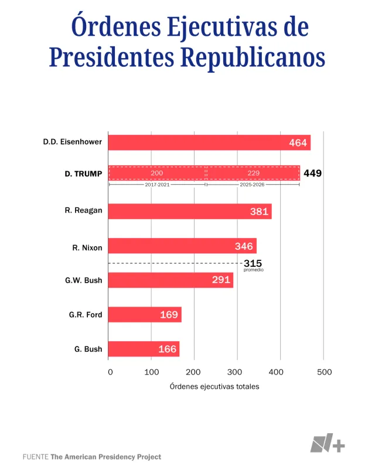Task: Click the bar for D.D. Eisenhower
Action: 210,142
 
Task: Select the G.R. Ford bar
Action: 145,315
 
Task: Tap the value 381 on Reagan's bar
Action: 259,212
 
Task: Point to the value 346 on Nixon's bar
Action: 244,246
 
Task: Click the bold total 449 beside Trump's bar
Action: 312,174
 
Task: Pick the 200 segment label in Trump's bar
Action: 157,174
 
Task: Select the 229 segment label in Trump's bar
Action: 253,174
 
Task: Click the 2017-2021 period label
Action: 157,184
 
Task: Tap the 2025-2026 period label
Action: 253,184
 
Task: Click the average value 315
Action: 253,263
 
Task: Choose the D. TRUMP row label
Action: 83,174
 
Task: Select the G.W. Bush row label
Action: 84,280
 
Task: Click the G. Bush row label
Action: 88,349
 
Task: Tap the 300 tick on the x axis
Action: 237,372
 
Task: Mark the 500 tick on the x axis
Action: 324,372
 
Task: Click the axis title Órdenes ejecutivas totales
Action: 214,387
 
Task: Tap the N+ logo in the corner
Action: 328,444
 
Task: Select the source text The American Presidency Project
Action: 105,457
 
